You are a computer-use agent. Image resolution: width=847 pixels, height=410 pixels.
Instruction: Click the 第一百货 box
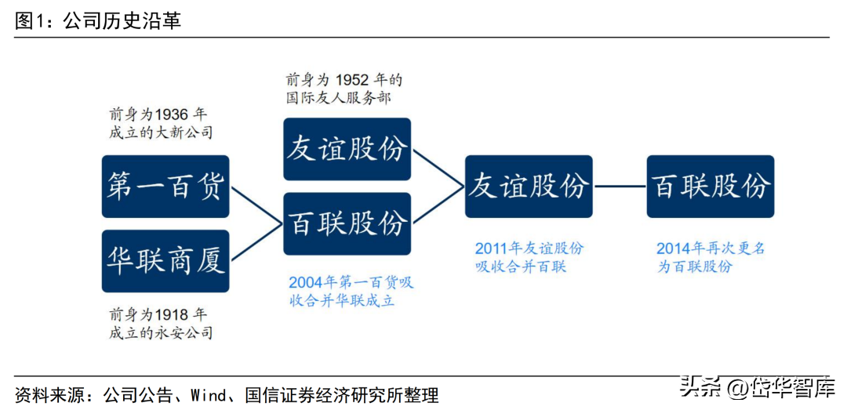165,187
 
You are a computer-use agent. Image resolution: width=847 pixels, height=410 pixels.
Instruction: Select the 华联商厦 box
165,262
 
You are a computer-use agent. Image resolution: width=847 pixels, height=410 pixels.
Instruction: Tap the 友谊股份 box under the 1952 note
347,149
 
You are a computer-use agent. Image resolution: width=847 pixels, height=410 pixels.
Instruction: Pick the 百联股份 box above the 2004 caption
347,223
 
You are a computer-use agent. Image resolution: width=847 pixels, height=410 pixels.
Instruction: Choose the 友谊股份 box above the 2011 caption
529,187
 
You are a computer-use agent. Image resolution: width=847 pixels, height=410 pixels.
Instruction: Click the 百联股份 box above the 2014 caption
711,187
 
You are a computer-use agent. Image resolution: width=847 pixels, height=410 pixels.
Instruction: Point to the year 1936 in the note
169,114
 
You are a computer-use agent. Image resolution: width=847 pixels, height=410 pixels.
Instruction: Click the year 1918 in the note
169,314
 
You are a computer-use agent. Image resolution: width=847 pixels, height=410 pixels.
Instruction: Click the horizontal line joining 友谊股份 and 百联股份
620,187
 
